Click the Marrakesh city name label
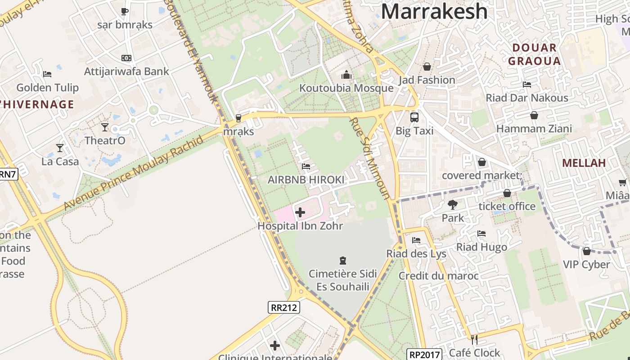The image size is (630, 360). point(434,11)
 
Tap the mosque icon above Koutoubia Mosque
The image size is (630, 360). point(346,74)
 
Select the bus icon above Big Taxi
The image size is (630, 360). point(414,117)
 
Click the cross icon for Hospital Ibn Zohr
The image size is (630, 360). point(300,212)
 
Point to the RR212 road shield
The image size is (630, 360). point(284,308)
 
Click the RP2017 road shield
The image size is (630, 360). point(424,354)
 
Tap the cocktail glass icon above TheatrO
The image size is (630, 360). point(105,127)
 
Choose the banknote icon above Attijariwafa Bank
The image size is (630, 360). point(126,58)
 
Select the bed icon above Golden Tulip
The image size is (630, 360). point(47,74)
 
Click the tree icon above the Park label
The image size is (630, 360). point(452,205)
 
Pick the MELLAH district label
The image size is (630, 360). point(584,163)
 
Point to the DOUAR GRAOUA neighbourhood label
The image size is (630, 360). point(535,54)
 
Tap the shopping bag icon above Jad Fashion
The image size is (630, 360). point(427,67)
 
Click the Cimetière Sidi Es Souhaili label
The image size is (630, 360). point(343,280)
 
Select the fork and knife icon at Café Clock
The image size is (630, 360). point(474,339)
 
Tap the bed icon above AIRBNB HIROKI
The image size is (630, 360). point(306,166)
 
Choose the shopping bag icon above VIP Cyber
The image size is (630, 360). point(586,251)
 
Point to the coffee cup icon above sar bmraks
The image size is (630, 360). point(125,11)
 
